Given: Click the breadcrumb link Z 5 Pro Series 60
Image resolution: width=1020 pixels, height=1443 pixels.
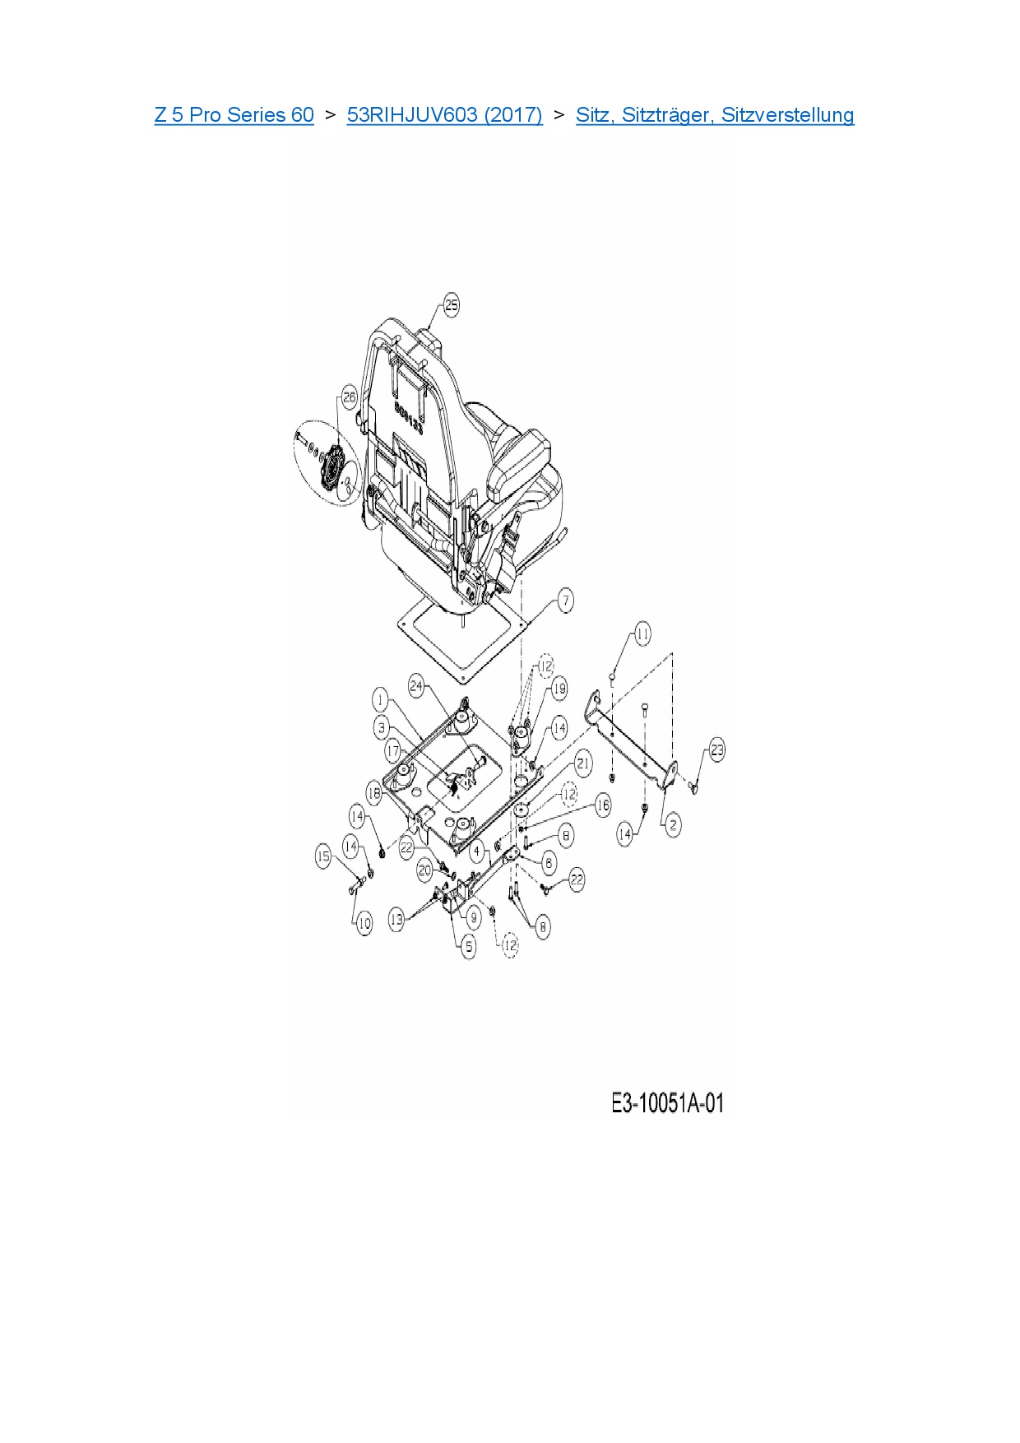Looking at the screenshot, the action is click(234, 114).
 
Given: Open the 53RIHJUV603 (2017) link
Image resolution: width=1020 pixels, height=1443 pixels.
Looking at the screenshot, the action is click(444, 114).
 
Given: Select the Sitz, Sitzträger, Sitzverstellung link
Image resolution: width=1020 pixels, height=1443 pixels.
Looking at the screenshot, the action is click(714, 114).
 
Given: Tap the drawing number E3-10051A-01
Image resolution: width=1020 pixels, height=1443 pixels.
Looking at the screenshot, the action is click(667, 1103).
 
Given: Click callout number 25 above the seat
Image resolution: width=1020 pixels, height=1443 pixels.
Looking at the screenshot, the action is click(451, 305).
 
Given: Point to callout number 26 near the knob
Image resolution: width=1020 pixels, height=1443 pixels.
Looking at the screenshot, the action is click(349, 397).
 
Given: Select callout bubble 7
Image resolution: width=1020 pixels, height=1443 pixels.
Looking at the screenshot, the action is click(565, 600).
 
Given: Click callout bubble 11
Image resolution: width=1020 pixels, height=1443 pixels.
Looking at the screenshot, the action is click(642, 633).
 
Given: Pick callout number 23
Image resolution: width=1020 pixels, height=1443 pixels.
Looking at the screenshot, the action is click(717, 749).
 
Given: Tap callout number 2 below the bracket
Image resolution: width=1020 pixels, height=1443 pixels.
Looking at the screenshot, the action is click(673, 824).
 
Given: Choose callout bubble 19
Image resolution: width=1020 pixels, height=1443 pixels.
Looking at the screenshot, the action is click(559, 689).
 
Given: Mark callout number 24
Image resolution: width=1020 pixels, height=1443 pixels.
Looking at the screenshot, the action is click(416, 685).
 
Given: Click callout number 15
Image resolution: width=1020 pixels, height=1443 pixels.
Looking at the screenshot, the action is click(323, 856).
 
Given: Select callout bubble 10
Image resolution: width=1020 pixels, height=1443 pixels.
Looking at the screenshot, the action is click(364, 924).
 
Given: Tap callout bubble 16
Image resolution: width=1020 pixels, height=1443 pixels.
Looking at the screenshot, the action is click(603, 805).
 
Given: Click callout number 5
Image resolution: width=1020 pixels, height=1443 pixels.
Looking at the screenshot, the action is click(469, 947).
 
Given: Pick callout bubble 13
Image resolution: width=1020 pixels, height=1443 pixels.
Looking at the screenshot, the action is click(396, 920).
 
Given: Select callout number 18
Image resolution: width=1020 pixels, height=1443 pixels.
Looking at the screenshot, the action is click(374, 794).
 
